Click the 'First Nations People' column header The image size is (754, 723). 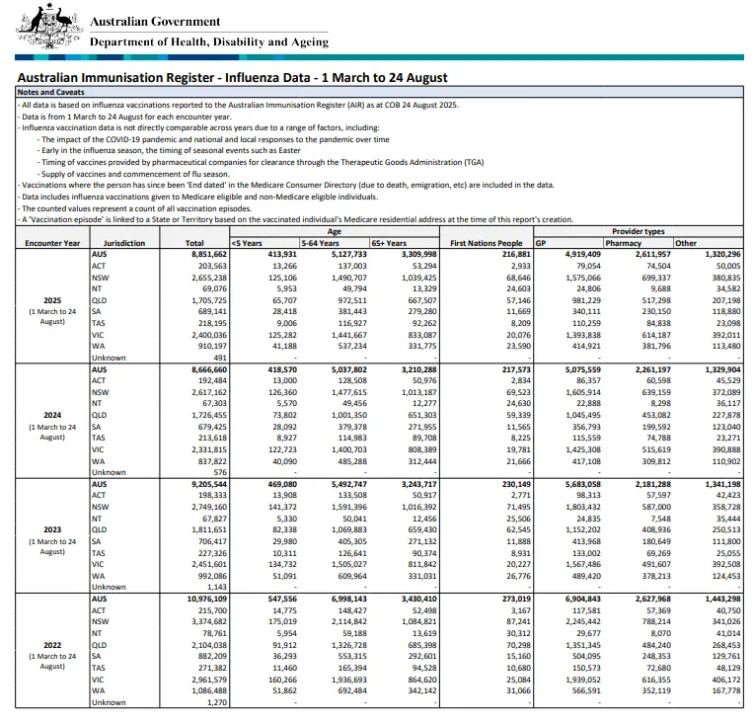click(x=486, y=243)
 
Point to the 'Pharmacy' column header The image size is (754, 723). click(x=623, y=243)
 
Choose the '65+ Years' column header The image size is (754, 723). click(x=389, y=243)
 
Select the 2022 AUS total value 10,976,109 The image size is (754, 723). click(x=204, y=599)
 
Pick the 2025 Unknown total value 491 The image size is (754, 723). click(x=219, y=358)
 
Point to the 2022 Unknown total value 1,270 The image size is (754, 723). click(x=214, y=702)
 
